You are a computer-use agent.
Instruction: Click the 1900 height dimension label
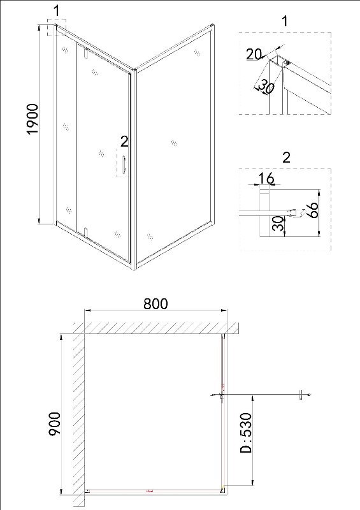(32, 119)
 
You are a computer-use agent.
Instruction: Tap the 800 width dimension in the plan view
(155, 304)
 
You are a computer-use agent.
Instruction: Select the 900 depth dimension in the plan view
(54, 424)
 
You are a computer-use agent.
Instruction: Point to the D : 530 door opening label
(245, 433)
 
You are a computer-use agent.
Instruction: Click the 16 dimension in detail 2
(266, 178)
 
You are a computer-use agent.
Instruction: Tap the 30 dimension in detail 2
(278, 224)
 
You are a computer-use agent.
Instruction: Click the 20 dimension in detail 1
(254, 54)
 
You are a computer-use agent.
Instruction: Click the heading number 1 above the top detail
(285, 21)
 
